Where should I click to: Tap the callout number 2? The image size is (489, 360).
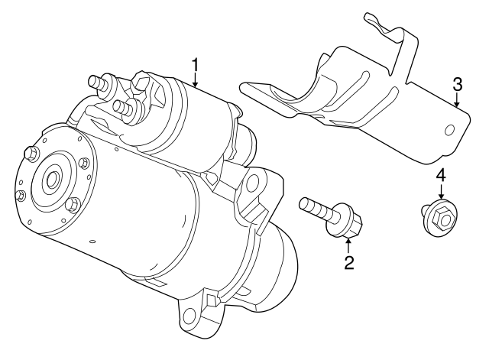348,264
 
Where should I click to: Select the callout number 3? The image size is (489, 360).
457,83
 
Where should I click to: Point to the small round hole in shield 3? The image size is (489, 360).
450,129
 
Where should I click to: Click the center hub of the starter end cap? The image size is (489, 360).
53,180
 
